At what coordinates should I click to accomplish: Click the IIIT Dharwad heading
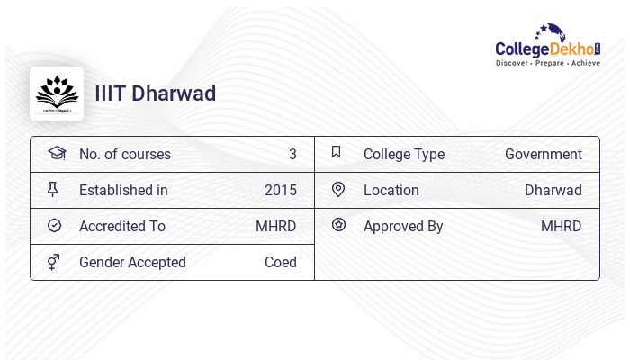point(156,94)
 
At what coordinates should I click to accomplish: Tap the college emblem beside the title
point(57,94)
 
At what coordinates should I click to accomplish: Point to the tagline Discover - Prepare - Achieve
point(548,64)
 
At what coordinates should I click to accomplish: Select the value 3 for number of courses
point(292,155)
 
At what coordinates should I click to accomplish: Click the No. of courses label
point(125,155)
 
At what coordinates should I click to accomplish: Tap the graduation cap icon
point(57,153)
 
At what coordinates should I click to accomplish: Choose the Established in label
point(123,191)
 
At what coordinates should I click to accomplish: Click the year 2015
point(281,191)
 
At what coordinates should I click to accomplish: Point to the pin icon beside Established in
point(54,190)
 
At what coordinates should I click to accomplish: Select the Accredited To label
point(122,227)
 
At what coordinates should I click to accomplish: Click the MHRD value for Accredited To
point(276,227)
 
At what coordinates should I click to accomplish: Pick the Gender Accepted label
point(132,263)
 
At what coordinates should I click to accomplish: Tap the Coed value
point(281,263)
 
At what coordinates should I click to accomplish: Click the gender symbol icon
point(54,262)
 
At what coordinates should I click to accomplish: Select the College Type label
point(404,155)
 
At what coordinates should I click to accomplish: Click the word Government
point(544,155)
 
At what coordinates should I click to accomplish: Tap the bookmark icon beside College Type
point(337,152)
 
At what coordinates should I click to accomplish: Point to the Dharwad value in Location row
point(553,191)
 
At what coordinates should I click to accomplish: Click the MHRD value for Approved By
point(562,227)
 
